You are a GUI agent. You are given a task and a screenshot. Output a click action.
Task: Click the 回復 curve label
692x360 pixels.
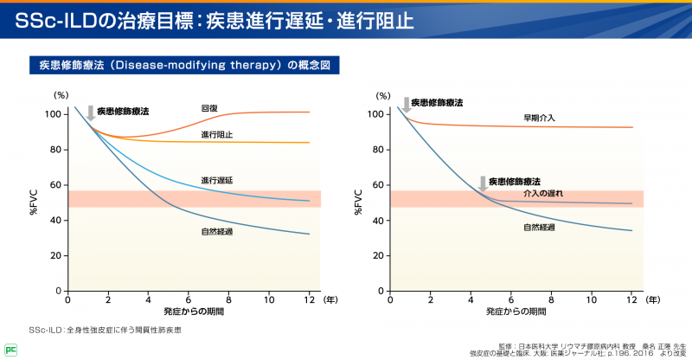coord(209,108)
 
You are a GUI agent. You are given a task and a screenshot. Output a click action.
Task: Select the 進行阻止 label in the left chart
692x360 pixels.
coord(216,135)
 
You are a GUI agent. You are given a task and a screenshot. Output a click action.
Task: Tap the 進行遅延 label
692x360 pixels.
coord(216,180)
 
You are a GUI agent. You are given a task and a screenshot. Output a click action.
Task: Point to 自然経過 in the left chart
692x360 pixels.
coord(216,232)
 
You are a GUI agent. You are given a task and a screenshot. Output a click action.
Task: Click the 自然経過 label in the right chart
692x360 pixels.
coord(539,227)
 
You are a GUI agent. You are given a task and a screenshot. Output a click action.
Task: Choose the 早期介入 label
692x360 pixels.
coord(539,117)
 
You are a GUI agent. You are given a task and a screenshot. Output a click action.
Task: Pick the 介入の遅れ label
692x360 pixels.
coord(543,194)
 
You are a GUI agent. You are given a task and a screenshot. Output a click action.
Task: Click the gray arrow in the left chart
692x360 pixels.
coord(90,112)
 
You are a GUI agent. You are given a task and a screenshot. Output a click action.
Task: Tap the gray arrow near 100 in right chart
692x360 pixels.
coord(404,104)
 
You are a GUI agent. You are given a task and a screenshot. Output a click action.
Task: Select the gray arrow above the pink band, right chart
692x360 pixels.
coord(483,183)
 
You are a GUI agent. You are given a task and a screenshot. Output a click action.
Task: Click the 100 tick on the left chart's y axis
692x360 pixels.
coord(54,114)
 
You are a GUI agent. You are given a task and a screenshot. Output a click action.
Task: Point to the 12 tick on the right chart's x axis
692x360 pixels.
coord(631,299)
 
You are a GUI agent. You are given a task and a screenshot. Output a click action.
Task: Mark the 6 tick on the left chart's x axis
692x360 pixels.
coord(188,299)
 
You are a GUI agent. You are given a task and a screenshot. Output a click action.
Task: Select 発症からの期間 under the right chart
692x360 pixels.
coord(516,311)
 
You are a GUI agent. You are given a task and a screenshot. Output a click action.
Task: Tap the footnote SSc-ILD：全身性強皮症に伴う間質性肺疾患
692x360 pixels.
coord(106,330)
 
